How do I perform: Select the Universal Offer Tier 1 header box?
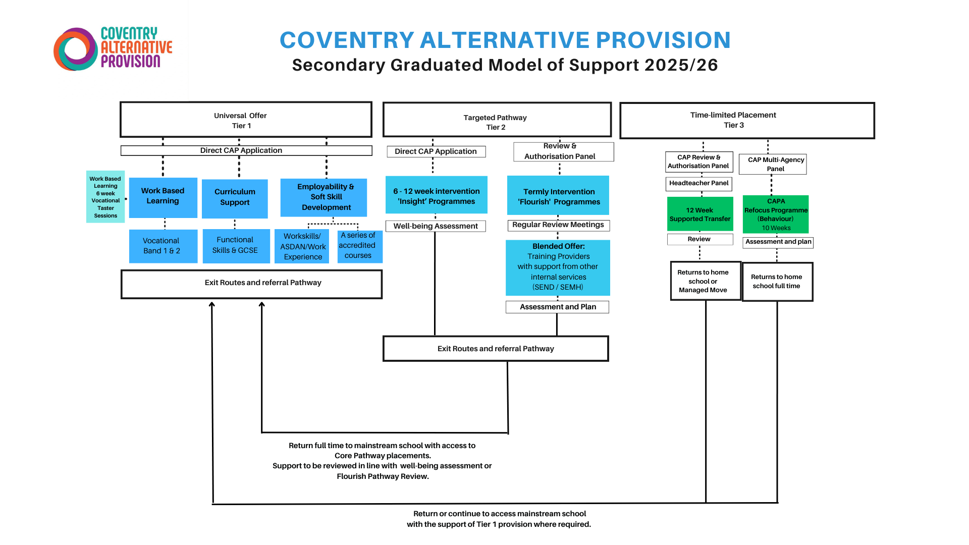[x=246, y=120]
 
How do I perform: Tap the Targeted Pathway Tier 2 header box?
[x=497, y=120]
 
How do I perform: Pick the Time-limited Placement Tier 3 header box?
[x=746, y=121]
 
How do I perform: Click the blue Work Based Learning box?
[x=163, y=197]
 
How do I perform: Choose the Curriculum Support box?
[x=235, y=198]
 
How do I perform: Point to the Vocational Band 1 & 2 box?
[x=163, y=246]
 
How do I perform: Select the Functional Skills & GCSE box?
[x=236, y=246]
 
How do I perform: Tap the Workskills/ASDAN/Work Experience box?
[x=302, y=246]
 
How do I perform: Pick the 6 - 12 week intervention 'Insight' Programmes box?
[x=436, y=195]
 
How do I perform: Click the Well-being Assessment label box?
[x=436, y=226]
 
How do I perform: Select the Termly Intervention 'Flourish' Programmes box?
[x=558, y=196]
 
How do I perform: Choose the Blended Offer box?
[x=558, y=267]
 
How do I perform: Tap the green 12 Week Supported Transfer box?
[x=699, y=214]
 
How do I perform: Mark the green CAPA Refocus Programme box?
[x=776, y=214]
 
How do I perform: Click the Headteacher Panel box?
[x=698, y=184]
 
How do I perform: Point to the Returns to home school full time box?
[x=777, y=282]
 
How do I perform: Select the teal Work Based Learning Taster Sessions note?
[x=105, y=197]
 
